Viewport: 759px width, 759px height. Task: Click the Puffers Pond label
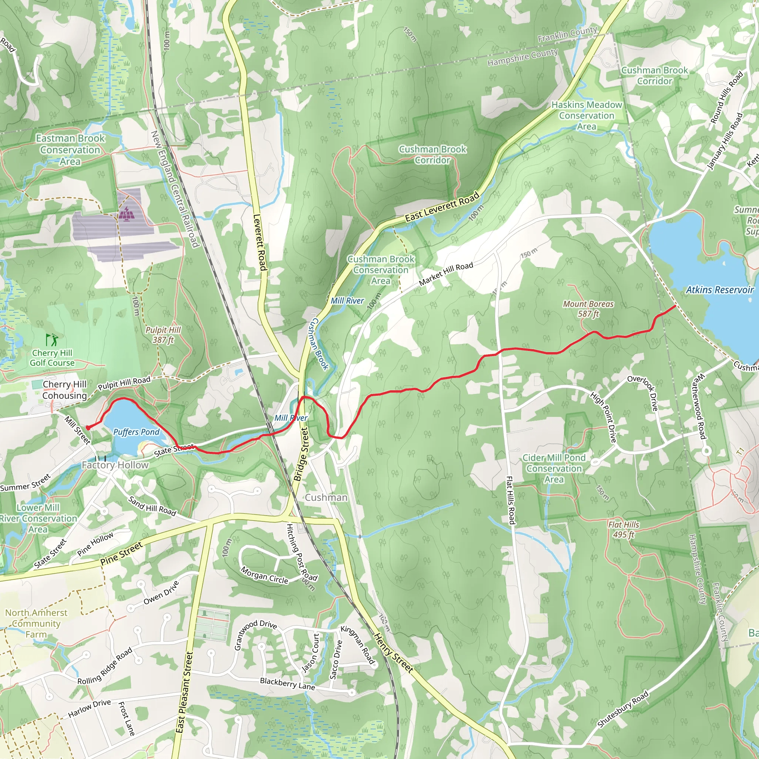coord(136,432)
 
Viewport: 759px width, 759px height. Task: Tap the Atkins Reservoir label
coord(719,290)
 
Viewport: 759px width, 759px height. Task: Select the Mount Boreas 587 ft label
coord(588,309)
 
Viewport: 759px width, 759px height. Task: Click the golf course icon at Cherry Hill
coord(52,339)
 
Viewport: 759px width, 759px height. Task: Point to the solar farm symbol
coord(126,214)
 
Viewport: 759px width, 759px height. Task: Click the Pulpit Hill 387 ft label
coord(163,335)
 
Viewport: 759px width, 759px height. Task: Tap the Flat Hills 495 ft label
coord(623,529)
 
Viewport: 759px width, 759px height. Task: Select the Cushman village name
coord(326,497)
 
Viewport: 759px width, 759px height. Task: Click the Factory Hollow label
coord(115,465)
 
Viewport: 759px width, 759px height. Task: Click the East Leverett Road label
coord(442,206)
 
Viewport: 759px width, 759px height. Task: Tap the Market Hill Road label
coord(446,274)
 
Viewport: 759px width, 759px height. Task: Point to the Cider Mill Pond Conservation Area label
coord(554,468)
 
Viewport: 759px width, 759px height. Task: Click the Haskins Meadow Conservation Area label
coord(587,116)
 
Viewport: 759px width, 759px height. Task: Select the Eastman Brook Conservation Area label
coord(70,150)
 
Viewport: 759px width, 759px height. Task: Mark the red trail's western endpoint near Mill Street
coord(87,428)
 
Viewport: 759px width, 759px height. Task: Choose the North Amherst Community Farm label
coord(36,623)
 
